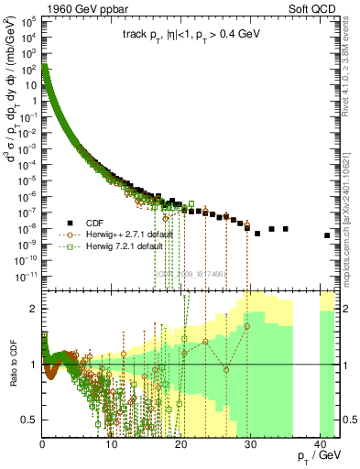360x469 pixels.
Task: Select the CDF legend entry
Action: point(104,223)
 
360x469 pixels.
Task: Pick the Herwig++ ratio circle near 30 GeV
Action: point(247,325)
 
